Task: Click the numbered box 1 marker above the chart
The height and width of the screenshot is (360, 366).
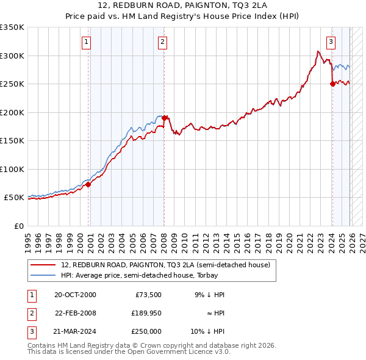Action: [x=87, y=42]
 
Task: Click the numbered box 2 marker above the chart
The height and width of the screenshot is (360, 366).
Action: [x=163, y=42]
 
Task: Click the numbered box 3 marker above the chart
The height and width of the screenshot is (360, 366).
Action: [x=331, y=42]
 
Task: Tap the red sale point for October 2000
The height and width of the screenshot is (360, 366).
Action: [x=88, y=184]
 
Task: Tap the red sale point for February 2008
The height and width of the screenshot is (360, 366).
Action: [x=165, y=118]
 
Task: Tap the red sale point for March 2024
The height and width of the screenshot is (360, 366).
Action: [x=332, y=84]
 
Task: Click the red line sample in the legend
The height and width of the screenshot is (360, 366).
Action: [x=43, y=265]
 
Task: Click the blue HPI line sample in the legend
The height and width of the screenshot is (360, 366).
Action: [x=43, y=275]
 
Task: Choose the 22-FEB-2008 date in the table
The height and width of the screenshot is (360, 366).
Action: [x=75, y=313]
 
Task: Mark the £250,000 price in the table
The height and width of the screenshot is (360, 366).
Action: [x=146, y=331]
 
